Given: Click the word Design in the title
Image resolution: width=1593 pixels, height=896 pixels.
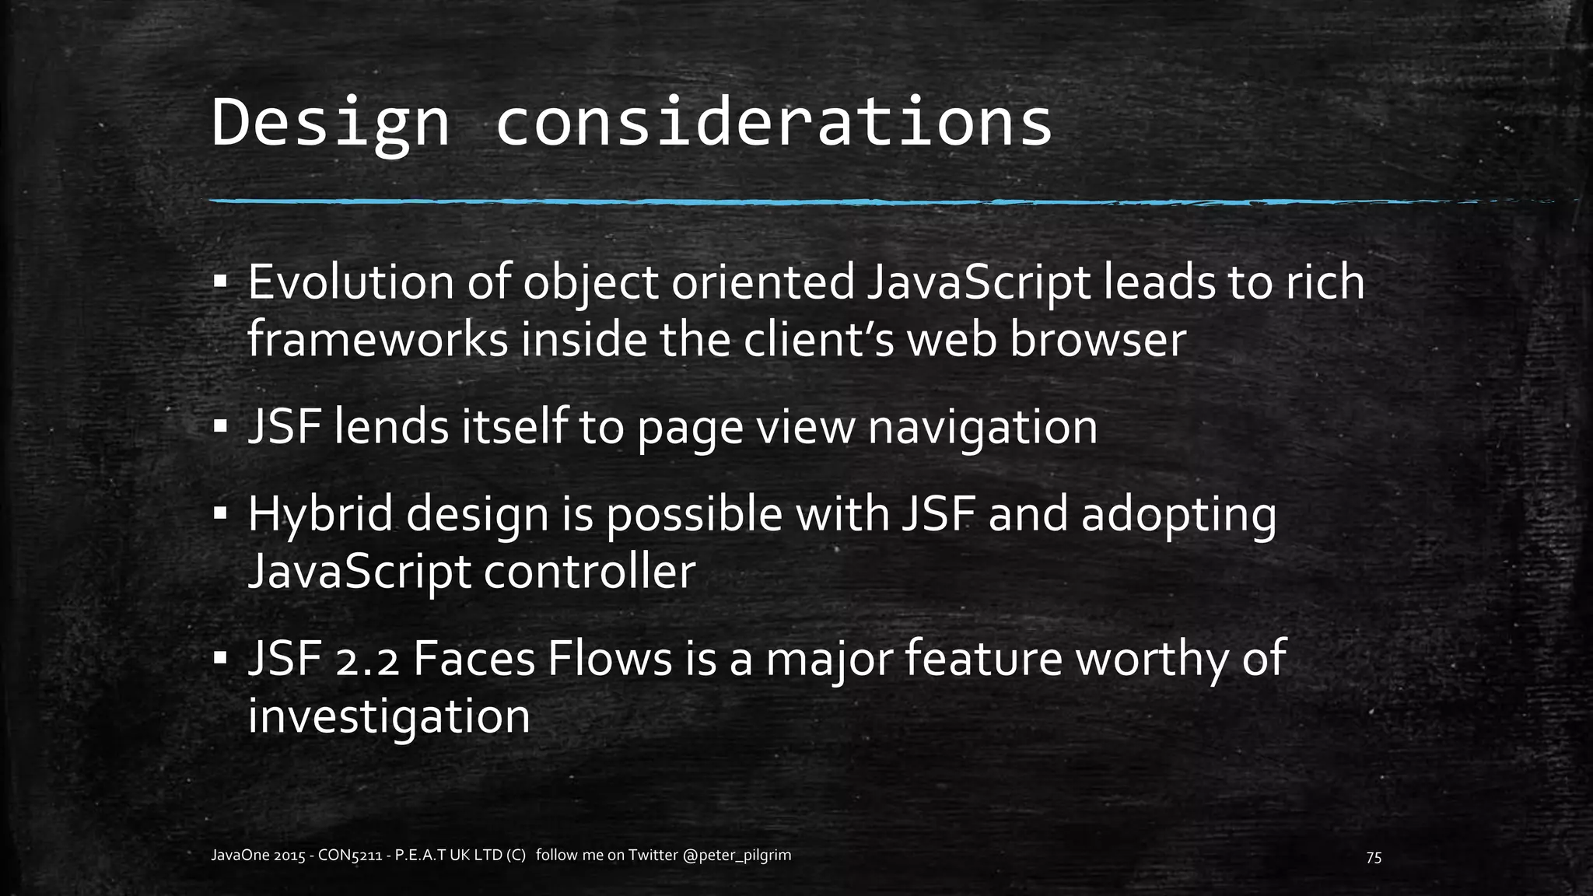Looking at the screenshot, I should (x=330, y=123).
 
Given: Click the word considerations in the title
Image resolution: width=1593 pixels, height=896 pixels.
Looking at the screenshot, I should (x=773, y=123).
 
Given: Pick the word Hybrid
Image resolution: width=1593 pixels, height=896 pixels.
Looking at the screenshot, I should (x=320, y=515).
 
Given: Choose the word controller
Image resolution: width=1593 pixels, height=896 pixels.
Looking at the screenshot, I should (x=589, y=572).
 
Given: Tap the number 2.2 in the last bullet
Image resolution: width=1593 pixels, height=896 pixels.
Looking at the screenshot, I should (x=368, y=660).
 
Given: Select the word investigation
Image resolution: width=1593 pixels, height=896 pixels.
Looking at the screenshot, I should (x=389, y=716).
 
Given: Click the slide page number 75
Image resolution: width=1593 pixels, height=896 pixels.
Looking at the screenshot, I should (x=1374, y=857).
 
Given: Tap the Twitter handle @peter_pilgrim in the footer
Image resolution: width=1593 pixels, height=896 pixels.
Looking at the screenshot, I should (x=737, y=856).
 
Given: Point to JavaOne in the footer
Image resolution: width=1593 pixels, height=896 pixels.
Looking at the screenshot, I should (x=240, y=856).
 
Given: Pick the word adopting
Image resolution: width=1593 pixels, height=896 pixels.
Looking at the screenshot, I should (x=1178, y=515).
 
